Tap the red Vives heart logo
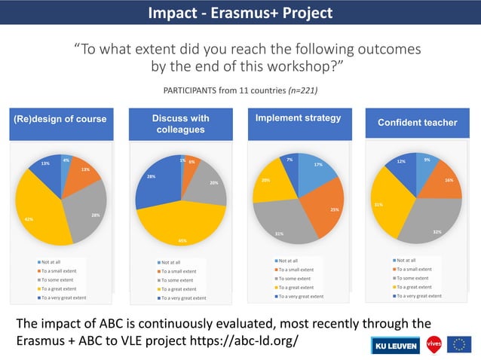point(434,344)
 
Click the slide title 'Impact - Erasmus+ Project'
point(240,13)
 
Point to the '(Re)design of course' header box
point(60,120)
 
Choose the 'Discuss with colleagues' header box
point(181,124)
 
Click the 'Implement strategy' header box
point(298,118)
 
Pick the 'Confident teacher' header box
point(417,122)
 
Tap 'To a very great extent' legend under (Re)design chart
point(63,297)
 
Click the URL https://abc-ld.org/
point(248,340)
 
